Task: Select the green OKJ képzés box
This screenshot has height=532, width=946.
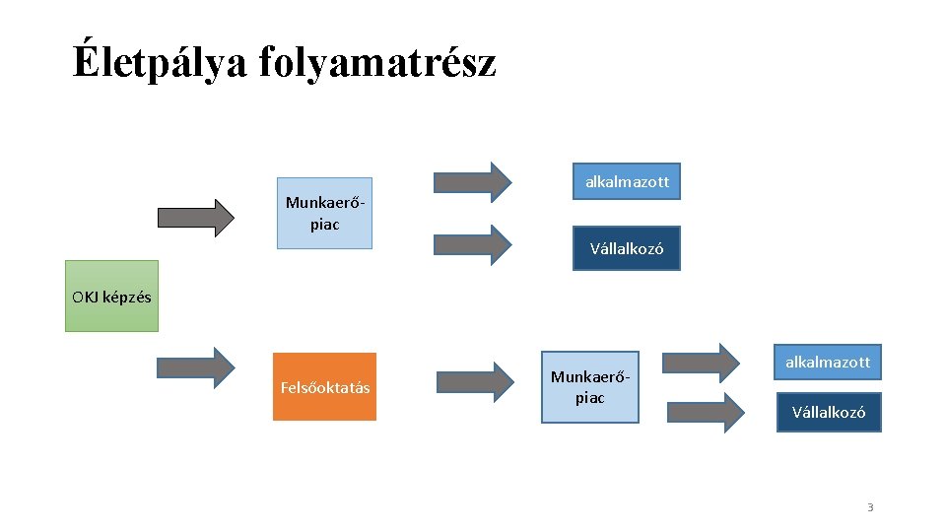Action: click(111, 296)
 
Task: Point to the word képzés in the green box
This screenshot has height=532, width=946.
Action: click(125, 297)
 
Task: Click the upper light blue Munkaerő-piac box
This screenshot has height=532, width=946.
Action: click(325, 213)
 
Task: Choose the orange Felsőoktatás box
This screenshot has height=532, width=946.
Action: click(324, 387)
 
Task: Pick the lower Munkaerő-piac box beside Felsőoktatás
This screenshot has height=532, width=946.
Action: click(589, 387)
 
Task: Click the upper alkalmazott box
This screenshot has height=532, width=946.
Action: click(627, 182)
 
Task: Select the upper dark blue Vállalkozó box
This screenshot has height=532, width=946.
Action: click(627, 248)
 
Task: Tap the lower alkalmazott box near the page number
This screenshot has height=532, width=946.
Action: click(827, 362)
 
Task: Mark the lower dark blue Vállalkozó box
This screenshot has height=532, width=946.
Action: click(828, 412)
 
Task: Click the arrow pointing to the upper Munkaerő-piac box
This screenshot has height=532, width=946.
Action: click(196, 218)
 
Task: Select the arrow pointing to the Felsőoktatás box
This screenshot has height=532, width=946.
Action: click(196, 366)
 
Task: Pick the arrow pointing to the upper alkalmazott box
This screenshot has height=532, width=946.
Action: click(473, 181)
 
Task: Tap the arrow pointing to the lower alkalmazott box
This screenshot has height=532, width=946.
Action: click(702, 363)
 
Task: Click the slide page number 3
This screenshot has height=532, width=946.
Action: click(870, 507)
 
